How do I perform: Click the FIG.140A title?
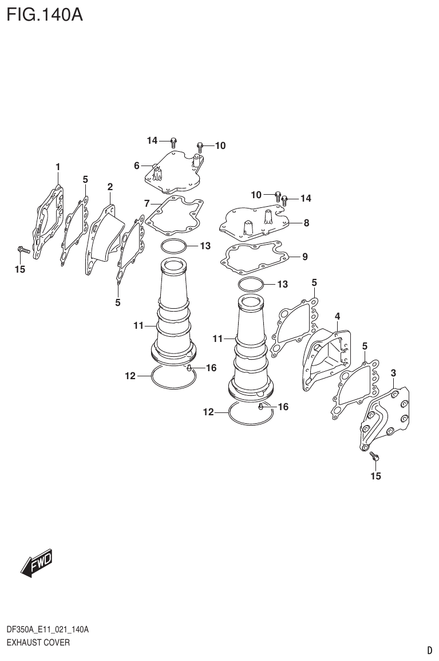coord(45,14)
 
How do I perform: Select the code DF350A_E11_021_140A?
coord(47,630)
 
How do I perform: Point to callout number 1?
coord(58,167)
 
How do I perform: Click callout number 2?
coord(110,187)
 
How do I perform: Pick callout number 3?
coord(393,373)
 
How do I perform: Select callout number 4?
coord(338,316)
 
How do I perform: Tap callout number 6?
coord(137,166)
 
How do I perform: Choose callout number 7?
coord(147,203)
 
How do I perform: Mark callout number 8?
coord(306,223)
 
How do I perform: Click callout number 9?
coord(304,257)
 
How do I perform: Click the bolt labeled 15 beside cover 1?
coord(22,250)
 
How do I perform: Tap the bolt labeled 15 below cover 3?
coord(375,457)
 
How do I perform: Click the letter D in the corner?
coord(429,650)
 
